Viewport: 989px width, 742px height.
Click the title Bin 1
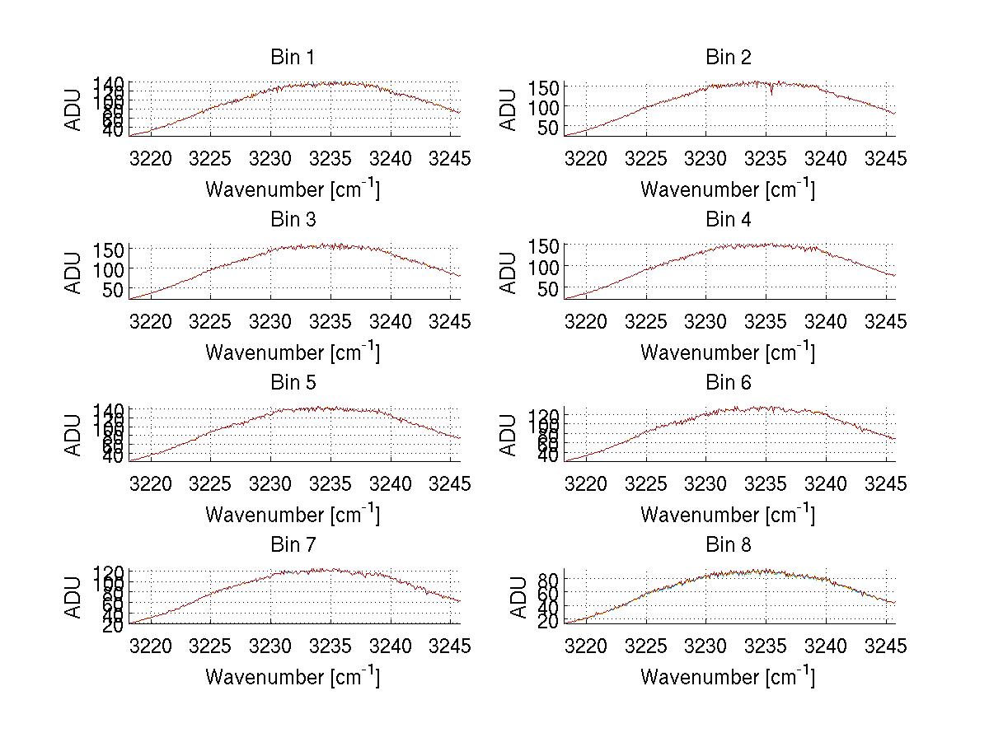click(293, 58)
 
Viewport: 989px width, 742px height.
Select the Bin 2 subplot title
click(729, 58)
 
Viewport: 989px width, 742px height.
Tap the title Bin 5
click(293, 383)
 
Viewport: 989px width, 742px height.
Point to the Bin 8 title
click(729, 545)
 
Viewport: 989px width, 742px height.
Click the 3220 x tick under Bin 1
click(152, 159)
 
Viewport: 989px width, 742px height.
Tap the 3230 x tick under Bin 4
click(706, 321)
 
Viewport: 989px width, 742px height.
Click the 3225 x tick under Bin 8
click(646, 646)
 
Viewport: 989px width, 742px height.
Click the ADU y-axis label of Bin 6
click(509, 436)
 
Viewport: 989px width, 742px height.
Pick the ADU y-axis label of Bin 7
click(74, 598)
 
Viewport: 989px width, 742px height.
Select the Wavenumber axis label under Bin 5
click(293, 515)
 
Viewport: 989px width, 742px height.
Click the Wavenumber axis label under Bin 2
click(729, 189)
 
